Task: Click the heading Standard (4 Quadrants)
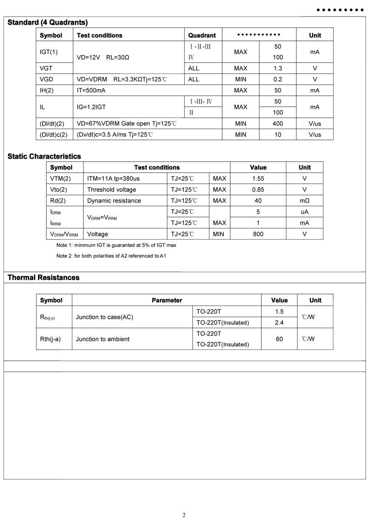[48, 23]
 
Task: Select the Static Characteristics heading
[44, 156]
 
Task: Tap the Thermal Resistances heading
[43, 277]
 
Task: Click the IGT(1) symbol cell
[49, 52]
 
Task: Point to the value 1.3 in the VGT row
[278, 68]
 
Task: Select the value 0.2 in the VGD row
[278, 79]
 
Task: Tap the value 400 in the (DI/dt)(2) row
[278, 123]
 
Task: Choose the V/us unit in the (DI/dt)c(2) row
[315, 134]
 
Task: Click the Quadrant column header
[202, 35]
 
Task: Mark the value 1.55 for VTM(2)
[258, 178]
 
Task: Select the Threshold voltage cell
[111, 189]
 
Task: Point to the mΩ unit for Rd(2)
[304, 200]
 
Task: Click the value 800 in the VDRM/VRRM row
[258, 234]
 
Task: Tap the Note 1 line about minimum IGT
[116, 245]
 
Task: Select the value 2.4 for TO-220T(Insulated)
[279, 323]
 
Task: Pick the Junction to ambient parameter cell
[103, 339]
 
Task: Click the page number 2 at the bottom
[184, 515]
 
